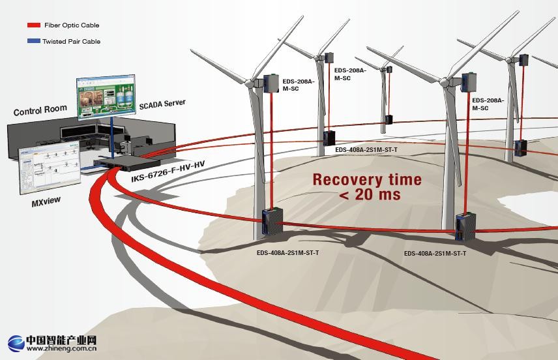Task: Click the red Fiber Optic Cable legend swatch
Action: tap(34, 25)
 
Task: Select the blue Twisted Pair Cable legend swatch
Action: tap(34, 41)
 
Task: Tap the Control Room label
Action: tap(40, 110)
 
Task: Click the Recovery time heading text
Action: tap(367, 179)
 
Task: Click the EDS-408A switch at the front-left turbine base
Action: tap(271, 222)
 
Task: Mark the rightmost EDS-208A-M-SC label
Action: tap(488, 104)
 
